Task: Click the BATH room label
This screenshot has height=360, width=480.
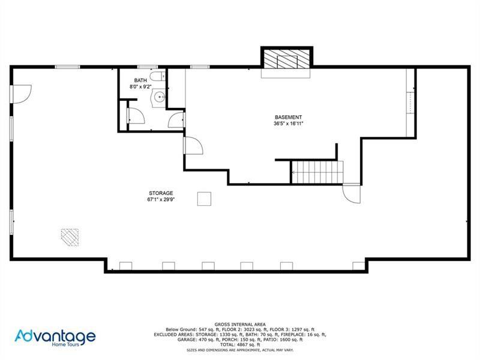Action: click(140, 80)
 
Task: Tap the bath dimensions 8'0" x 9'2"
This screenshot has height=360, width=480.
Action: click(140, 87)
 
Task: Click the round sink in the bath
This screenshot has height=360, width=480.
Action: click(159, 97)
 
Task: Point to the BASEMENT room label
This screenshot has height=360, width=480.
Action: click(288, 117)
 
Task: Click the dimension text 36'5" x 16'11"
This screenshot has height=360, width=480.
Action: click(288, 124)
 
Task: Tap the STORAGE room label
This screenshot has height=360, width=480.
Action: click(160, 193)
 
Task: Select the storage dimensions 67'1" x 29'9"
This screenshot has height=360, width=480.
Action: click(160, 200)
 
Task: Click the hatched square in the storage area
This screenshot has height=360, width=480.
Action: click(70, 238)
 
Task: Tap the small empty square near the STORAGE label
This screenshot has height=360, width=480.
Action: click(204, 199)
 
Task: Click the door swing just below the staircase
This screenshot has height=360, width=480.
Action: click(350, 193)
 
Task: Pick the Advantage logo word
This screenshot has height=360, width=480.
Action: click(55, 336)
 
